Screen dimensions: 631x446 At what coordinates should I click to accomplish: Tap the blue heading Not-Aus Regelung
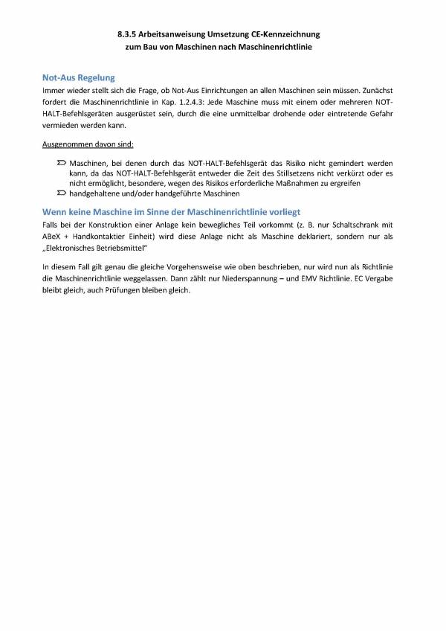(x=78, y=77)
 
